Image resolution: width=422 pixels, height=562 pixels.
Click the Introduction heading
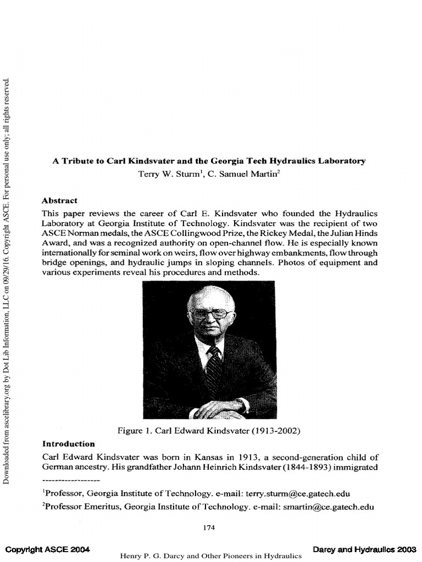(x=69, y=443)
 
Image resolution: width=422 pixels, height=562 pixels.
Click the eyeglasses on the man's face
(x=211, y=314)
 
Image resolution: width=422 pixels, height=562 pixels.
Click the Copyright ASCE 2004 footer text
(x=47, y=549)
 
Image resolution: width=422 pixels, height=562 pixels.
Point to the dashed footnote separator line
(x=70, y=480)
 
